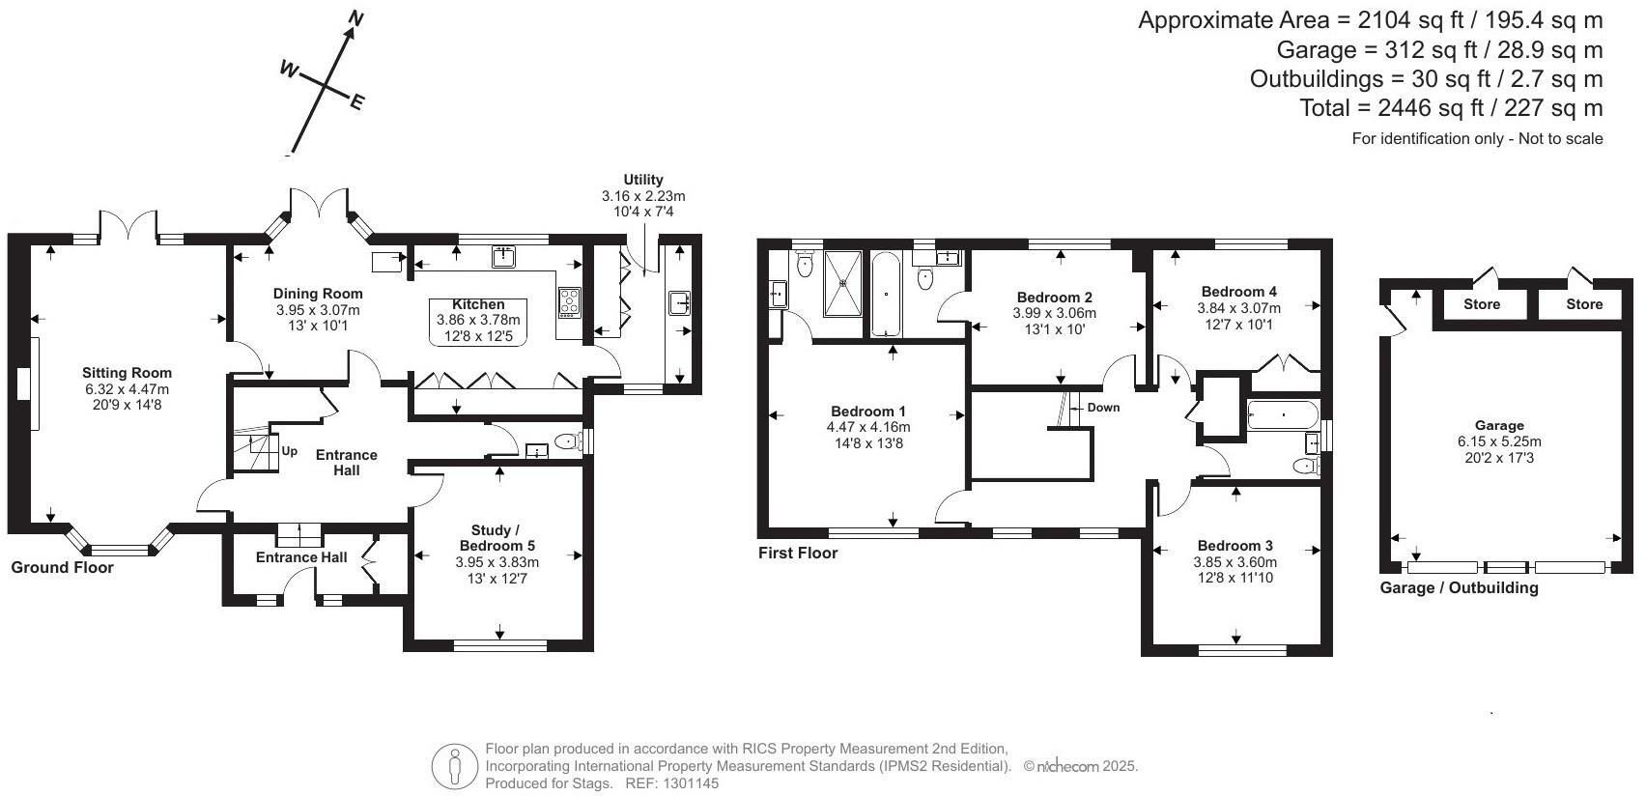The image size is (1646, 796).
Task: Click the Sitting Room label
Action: (127, 373)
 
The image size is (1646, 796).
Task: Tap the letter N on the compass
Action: (355, 18)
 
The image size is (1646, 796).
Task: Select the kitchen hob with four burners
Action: (569, 302)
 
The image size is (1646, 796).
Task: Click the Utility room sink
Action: (679, 303)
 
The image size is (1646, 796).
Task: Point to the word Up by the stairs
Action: (289, 451)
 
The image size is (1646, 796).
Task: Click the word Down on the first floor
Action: (1103, 408)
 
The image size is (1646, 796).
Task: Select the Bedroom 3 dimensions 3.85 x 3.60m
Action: (1234, 562)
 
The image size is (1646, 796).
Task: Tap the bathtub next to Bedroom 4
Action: (1282, 417)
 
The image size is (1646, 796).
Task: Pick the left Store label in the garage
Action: (1481, 304)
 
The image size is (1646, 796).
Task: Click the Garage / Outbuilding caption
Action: (1458, 587)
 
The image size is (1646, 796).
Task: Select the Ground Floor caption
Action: (62, 568)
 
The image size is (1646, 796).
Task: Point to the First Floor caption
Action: (798, 554)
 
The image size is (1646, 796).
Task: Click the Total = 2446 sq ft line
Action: (1451, 108)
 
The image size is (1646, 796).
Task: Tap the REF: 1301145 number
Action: (686, 783)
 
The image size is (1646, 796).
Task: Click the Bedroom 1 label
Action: (867, 412)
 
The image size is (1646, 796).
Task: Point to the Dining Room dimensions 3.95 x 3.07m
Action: (318, 310)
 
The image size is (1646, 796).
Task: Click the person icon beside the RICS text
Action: (455, 766)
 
